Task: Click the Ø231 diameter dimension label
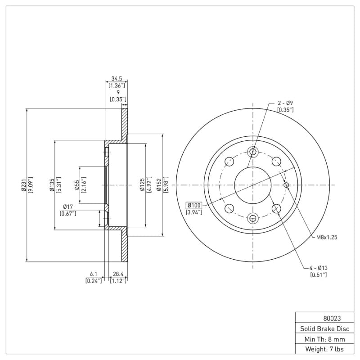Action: click(22, 185)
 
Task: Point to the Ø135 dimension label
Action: click(52, 185)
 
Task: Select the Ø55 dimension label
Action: click(77, 185)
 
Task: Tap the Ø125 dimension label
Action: click(142, 185)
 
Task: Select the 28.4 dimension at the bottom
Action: click(118, 274)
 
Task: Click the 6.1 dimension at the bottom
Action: click(94, 274)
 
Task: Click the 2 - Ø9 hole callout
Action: click(285, 103)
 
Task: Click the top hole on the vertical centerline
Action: click(252, 151)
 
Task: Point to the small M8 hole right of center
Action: click(286, 184)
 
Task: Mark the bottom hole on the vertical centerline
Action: click(252, 218)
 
